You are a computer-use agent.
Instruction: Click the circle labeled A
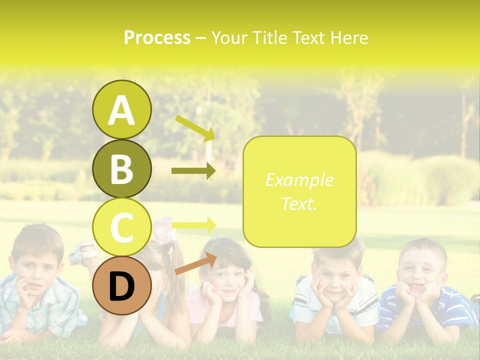(121, 110)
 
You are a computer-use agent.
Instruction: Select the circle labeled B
(121, 168)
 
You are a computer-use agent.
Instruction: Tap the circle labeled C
(121, 227)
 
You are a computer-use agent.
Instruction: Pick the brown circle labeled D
(121, 285)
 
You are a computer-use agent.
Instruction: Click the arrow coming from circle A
(195, 127)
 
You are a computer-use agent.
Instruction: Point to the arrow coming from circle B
(193, 170)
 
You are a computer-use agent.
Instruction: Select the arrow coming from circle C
(193, 224)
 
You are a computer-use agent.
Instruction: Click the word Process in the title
(157, 37)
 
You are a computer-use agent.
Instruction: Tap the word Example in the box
(299, 180)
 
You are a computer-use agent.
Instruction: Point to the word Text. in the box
(299, 203)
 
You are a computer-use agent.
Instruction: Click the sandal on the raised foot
(80, 253)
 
